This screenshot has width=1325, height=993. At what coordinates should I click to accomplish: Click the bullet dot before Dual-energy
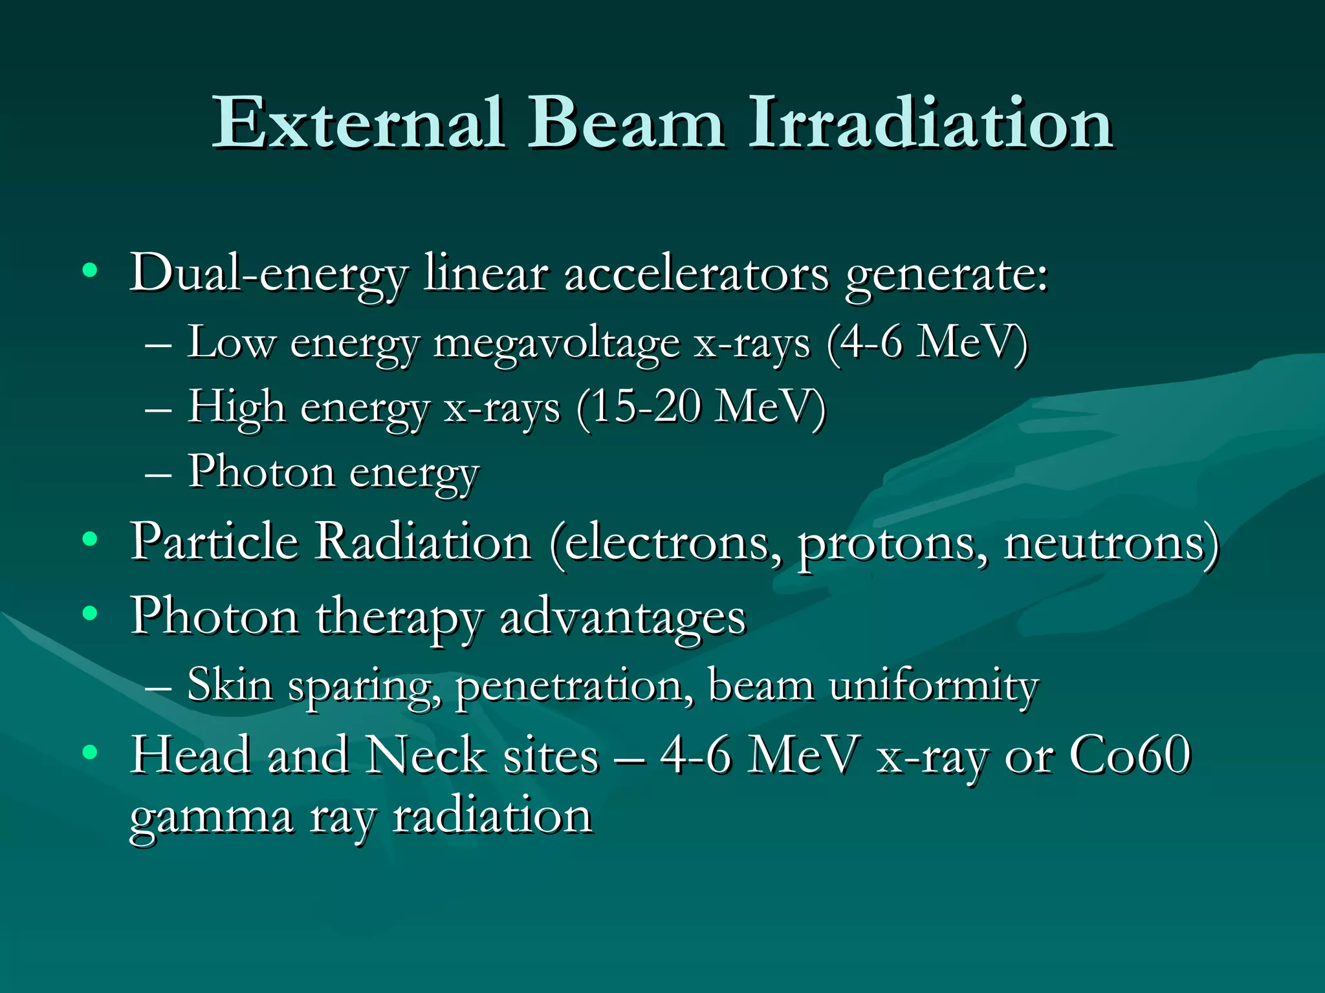tap(90, 271)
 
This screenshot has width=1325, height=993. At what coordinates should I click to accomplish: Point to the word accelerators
tap(696, 274)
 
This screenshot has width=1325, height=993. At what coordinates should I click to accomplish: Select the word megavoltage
tap(556, 344)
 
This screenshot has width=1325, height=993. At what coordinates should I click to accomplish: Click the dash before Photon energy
tap(159, 475)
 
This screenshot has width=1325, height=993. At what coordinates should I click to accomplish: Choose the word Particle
tap(214, 541)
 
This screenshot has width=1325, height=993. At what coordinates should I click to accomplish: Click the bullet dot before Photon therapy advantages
tap(90, 612)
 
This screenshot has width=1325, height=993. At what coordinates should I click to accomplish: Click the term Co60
tap(1130, 754)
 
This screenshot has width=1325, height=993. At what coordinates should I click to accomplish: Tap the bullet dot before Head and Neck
tap(90, 752)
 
